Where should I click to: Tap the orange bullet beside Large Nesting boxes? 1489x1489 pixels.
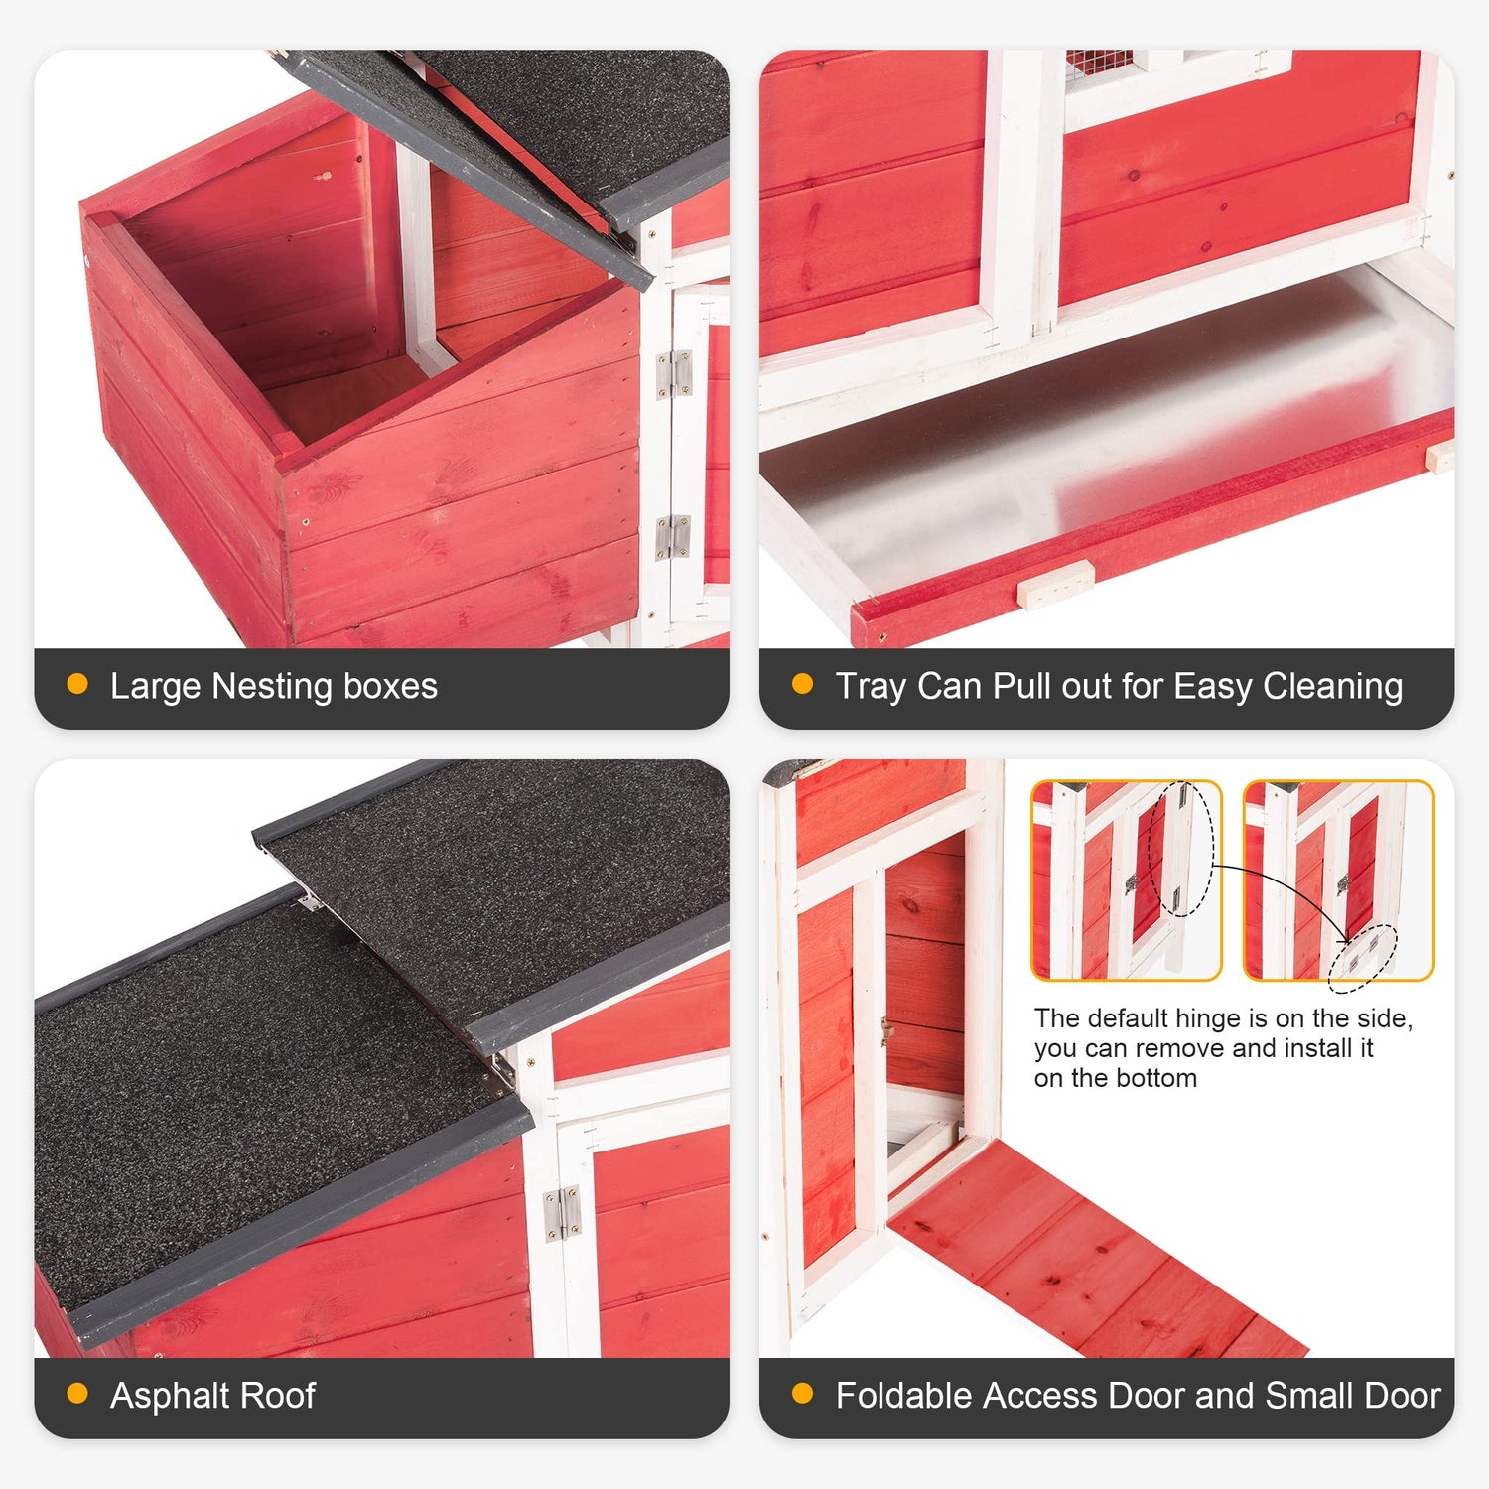pos(77,685)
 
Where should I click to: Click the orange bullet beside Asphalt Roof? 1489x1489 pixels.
pos(77,1394)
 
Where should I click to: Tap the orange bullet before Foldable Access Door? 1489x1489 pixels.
pos(802,1394)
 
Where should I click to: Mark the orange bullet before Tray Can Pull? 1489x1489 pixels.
pos(802,685)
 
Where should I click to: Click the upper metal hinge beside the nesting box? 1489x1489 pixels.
pos(674,373)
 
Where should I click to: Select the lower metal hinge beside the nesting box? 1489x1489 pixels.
pos(673,537)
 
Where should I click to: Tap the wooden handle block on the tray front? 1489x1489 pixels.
pos(1056,584)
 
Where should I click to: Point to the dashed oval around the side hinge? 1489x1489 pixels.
pos(1180,850)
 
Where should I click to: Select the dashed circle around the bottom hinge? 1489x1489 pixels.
pos(1363,958)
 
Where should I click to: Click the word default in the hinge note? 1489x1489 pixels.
pos(1126,1018)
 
